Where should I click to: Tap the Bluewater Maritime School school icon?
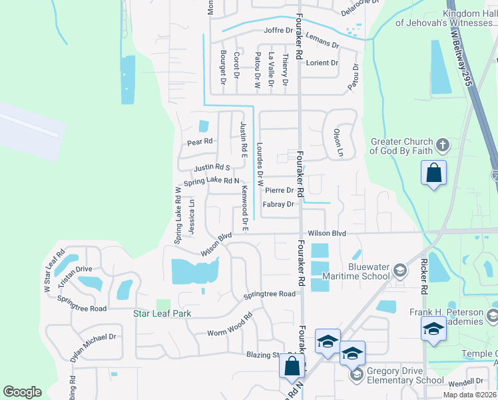click(399, 270)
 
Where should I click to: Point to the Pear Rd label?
click(199, 142)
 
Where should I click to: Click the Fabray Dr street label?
click(278, 204)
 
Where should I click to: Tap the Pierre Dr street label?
click(280, 191)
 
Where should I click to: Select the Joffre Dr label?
click(278, 31)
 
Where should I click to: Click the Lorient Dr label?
click(322, 63)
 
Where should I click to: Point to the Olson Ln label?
click(338, 143)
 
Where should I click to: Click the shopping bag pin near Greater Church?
click(433, 174)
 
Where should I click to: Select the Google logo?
click(22, 392)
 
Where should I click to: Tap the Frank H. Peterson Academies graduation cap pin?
click(433, 329)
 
